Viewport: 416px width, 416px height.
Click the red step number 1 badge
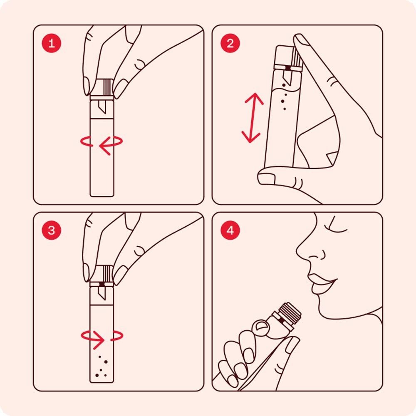(x=52, y=44)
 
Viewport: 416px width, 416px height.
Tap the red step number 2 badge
(x=230, y=44)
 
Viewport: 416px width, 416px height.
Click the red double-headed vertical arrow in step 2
(x=252, y=118)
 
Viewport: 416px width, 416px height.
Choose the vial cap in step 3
(x=102, y=274)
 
